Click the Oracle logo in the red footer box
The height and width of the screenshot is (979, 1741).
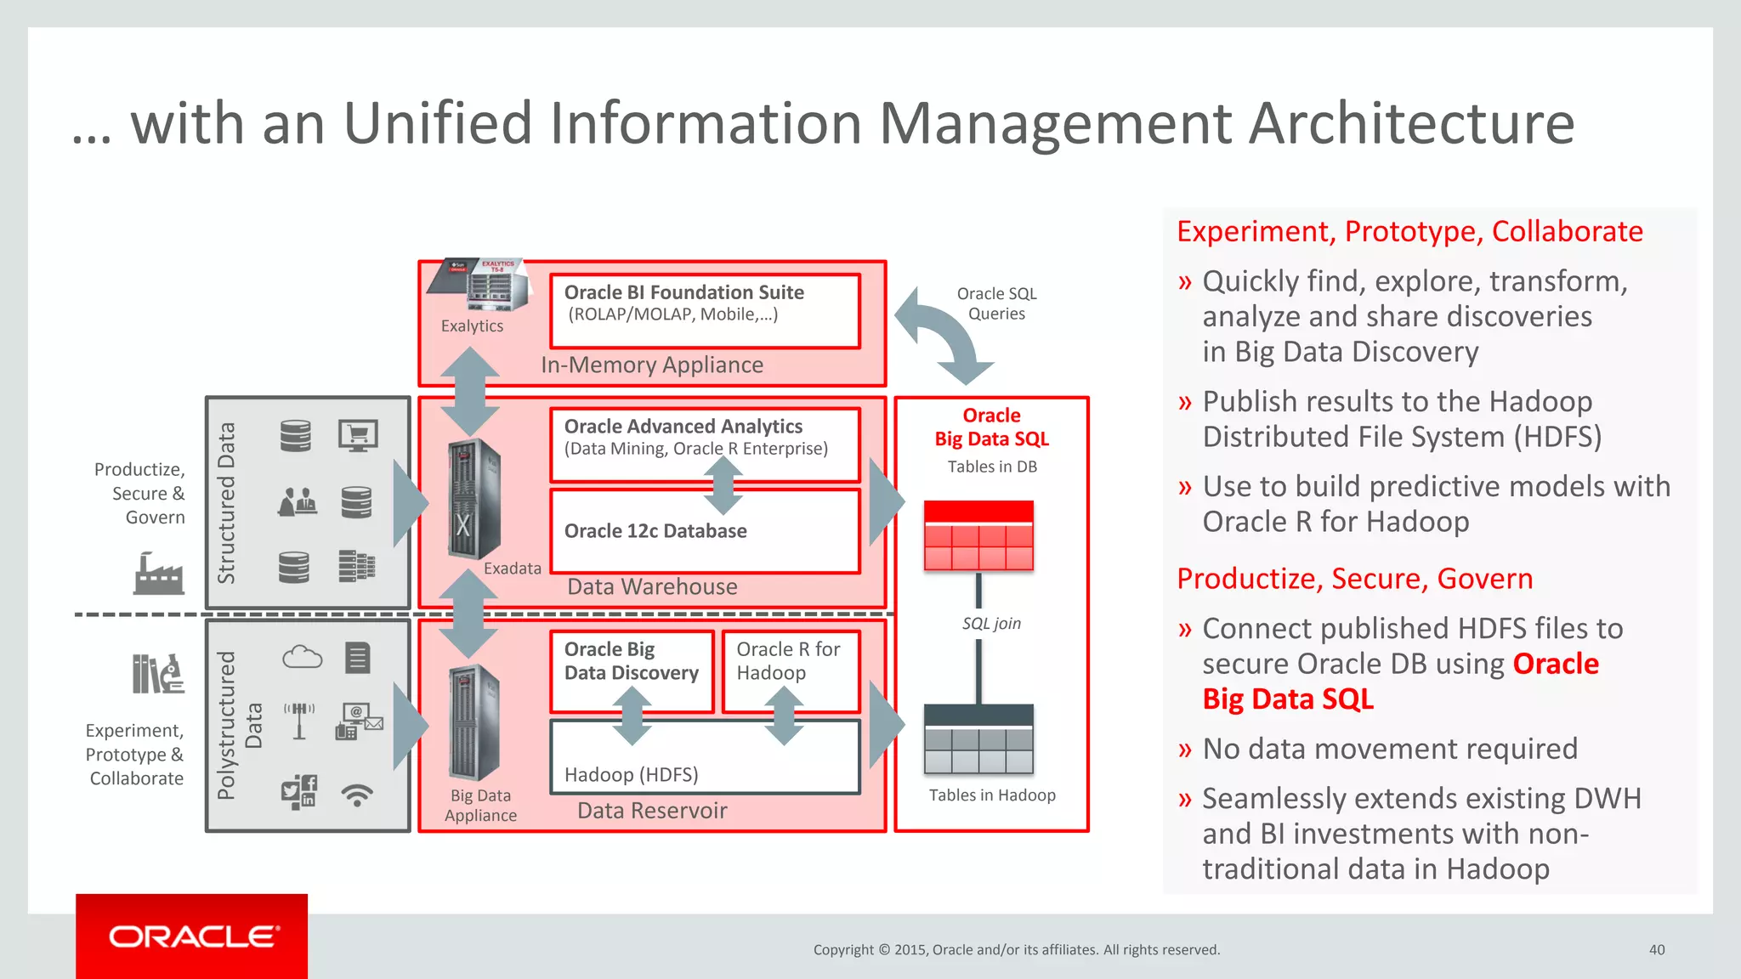(193, 937)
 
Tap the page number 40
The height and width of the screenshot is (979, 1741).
(1656, 949)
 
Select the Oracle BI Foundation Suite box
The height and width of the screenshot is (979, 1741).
(705, 310)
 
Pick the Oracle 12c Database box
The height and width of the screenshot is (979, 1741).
(705, 532)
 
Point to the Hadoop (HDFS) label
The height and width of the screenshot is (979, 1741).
(631, 774)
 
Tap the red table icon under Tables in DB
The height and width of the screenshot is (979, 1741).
(978, 535)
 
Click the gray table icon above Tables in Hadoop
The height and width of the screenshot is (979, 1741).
(978, 738)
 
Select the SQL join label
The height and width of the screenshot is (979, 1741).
(991, 623)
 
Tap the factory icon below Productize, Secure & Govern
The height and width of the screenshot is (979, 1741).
(158, 573)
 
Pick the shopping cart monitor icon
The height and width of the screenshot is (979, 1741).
(358, 436)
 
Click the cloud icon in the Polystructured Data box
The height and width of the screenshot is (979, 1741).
(302, 657)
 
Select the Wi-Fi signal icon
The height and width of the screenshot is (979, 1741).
(357, 795)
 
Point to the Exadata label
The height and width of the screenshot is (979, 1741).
(512, 568)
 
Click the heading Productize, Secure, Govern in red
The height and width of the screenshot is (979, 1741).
(1354, 579)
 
